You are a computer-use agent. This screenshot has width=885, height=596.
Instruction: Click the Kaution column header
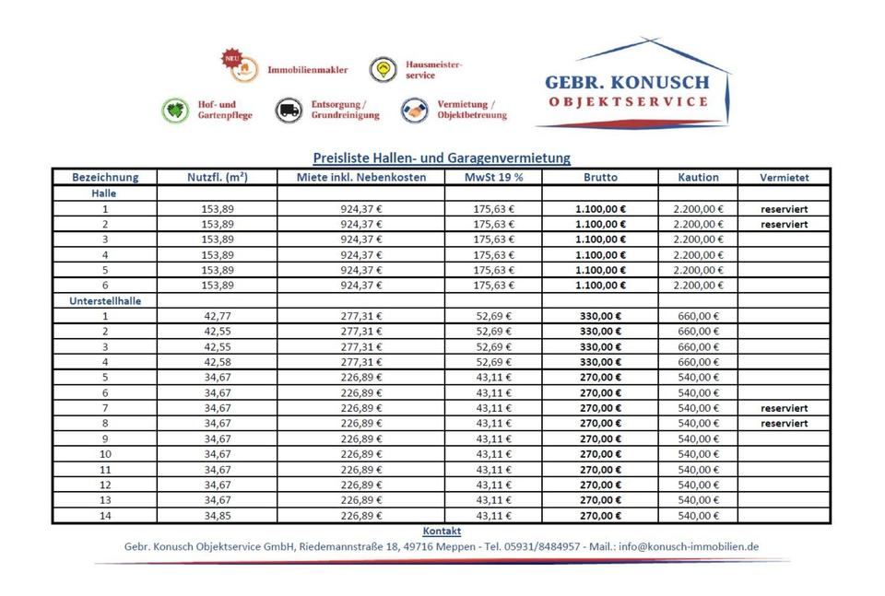point(698,177)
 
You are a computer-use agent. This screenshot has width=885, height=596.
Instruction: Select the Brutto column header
point(600,177)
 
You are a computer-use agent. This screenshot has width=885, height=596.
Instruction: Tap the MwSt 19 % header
point(494,177)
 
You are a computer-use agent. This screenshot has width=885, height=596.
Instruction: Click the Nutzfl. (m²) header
point(218,177)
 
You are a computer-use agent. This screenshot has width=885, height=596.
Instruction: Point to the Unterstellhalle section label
point(104,300)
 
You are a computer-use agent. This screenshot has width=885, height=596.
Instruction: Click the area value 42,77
point(218,316)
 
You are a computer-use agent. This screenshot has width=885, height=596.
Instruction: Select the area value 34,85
point(218,515)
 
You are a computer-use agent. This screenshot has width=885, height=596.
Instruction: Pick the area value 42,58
point(218,361)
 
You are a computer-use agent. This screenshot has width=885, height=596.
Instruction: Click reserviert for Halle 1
point(784,209)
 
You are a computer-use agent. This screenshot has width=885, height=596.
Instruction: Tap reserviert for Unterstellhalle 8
point(784,423)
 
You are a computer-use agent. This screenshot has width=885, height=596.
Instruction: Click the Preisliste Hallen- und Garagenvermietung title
point(442,158)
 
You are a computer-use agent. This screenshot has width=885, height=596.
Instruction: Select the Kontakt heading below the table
point(442,532)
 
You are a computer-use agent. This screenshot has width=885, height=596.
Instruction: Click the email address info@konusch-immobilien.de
point(689,546)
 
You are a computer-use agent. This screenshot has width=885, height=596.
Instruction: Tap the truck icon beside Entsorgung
point(289,111)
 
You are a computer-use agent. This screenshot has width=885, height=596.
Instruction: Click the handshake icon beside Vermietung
point(415,111)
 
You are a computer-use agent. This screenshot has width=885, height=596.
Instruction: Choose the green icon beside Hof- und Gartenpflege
point(175,111)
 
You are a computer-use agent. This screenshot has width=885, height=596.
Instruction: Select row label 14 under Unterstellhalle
point(104,515)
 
